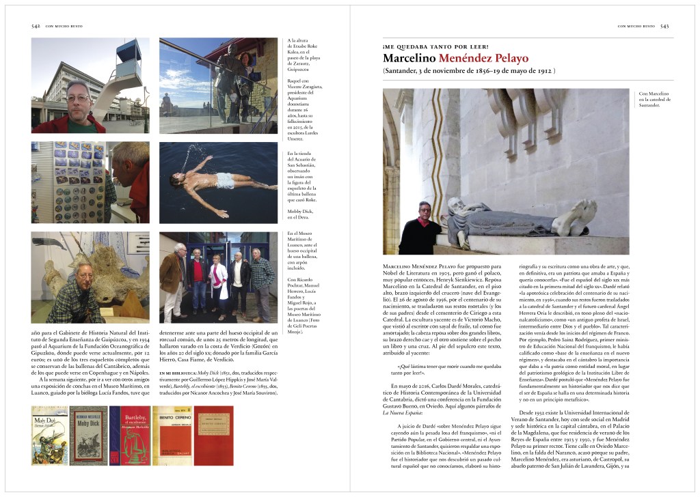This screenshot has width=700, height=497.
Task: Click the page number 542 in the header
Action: (36, 27)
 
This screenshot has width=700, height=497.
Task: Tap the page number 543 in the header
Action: (664, 27)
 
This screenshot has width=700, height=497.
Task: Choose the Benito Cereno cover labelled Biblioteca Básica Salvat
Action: (172, 435)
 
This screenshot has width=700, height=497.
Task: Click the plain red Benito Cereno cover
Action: (213, 435)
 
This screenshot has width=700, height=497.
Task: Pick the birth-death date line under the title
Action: (469, 71)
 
